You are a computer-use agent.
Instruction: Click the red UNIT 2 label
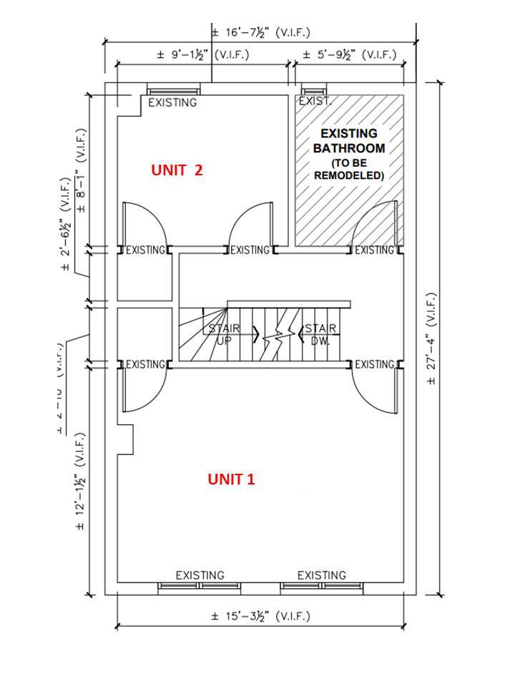point(177,170)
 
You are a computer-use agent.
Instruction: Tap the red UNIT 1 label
point(231,479)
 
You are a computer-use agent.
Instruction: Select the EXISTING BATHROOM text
point(349,141)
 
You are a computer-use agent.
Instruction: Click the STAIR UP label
point(224,333)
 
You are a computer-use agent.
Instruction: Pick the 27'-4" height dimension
point(431,338)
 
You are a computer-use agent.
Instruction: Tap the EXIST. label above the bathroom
point(315,102)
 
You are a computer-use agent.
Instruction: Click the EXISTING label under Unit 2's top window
point(172,102)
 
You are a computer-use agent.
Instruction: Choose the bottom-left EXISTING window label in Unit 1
point(200,575)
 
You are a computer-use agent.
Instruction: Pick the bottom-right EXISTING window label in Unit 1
point(322,575)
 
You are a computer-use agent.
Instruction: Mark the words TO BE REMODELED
point(349,170)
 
